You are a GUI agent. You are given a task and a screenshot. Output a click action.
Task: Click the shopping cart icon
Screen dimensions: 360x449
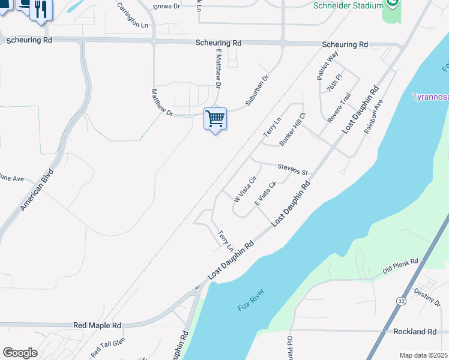[x=215, y=118]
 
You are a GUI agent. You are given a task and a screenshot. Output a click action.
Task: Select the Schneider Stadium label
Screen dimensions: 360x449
[x=348, y=5]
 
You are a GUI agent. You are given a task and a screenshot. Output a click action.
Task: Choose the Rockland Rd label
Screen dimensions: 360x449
[x=415, y=332]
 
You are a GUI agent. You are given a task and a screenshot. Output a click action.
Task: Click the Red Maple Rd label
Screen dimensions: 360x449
[x=97, y=325]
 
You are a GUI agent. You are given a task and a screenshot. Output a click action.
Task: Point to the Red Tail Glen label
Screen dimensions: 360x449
[x=107, y=348]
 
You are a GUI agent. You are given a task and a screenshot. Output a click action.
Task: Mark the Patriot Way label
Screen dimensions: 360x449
[x=328, y=65]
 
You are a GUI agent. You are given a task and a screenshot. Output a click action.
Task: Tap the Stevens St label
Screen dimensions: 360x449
[x=292, y=169]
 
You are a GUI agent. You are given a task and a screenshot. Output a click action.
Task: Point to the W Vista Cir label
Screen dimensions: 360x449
[x=245, y=188]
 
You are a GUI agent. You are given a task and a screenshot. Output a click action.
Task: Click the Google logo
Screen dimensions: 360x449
[x=20, y=353]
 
